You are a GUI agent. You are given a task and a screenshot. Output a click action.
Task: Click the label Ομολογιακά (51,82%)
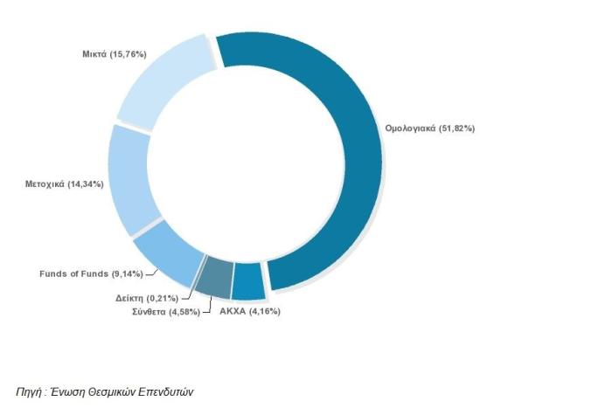(429, 128)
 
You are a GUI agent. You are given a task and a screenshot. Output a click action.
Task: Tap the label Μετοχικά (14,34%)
(65, 184)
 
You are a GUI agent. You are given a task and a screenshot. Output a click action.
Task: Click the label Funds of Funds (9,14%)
(86, 273)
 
